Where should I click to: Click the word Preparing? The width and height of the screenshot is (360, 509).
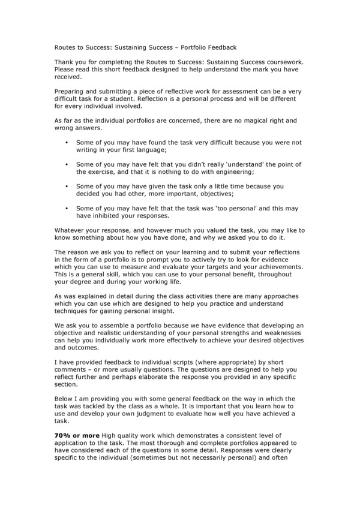(x=73, y=91)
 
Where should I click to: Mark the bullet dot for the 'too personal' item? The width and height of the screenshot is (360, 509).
(x=66, y=207)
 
